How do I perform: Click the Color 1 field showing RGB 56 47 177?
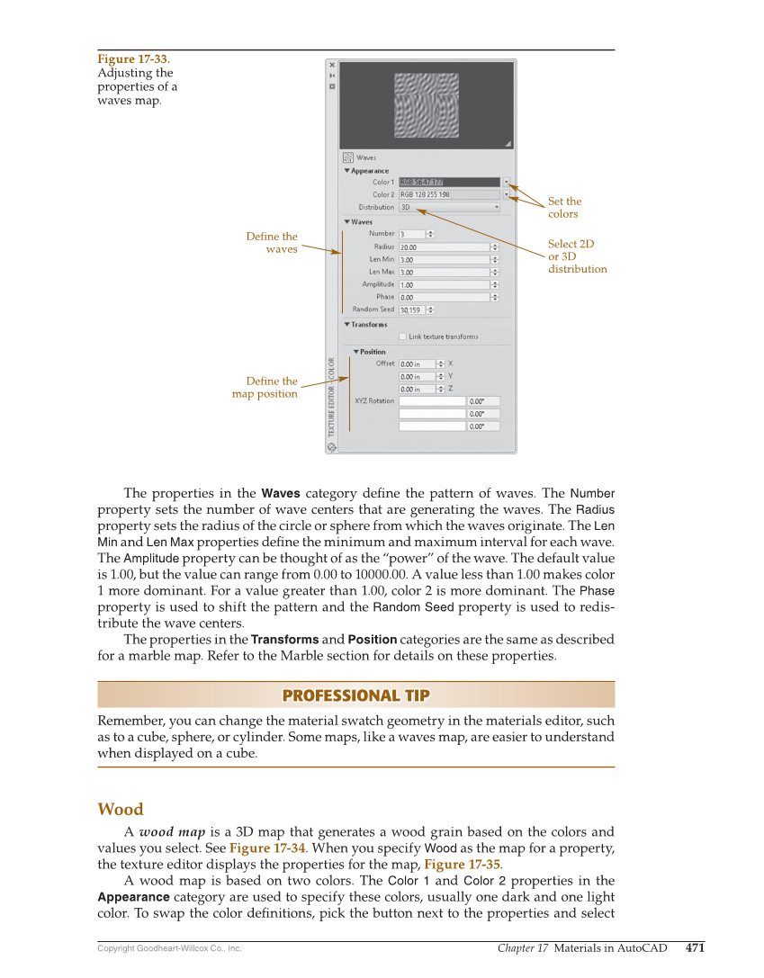(x=448, y=182)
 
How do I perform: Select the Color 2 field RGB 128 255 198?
(x=448, y=194)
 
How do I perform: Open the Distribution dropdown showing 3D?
(x=449, y=207)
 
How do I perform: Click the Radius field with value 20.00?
(x=444, y=247)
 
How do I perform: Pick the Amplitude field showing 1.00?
(x=444, y=284)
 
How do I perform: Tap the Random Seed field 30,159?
(x=411, y=310)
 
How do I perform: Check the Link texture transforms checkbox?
(x=403, y=336)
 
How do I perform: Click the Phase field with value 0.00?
(x=444, y=297)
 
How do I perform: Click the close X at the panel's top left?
(x=332, y=65)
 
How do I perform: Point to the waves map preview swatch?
(x=427, y=104)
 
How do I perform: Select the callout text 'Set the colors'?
(x=564, y=208)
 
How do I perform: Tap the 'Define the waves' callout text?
(x=272, y=243)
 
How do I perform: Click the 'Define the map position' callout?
(x=265, y=388)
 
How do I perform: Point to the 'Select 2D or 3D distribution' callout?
(x=577, y=256)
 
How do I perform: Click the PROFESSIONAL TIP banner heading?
(x=355, y=695)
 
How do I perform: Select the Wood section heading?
(x=120, y=809)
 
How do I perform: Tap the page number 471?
(x=695, y=947)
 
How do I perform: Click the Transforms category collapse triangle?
(x=346, y=325)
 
